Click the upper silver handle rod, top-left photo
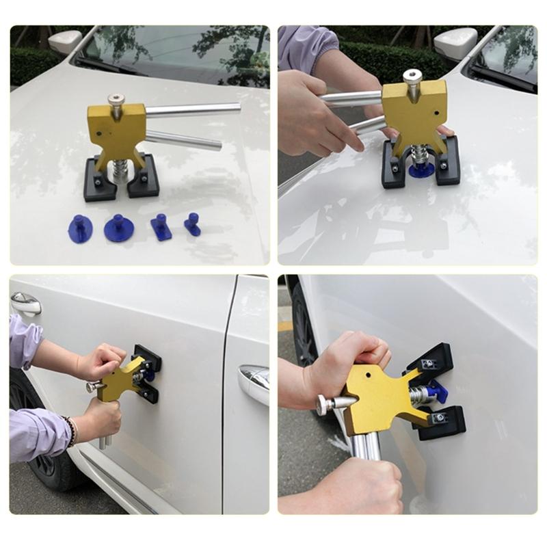click(194, 109)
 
